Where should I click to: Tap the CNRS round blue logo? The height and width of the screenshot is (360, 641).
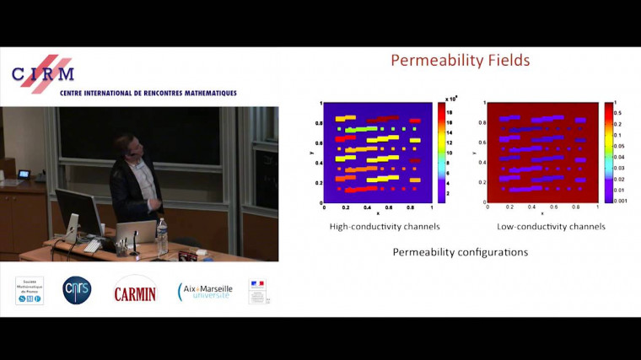click(x=77, y=290)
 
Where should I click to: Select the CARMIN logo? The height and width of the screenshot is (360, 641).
click(x=135, y=289)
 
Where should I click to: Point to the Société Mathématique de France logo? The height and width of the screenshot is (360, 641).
click(x=30, y=290)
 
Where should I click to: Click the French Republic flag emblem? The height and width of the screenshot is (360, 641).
click(x=257, y=291)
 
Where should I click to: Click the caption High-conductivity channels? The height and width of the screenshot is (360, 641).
click(x=374, y=226)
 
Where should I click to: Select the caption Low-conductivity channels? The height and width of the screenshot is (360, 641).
click(x=546, y=226)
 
